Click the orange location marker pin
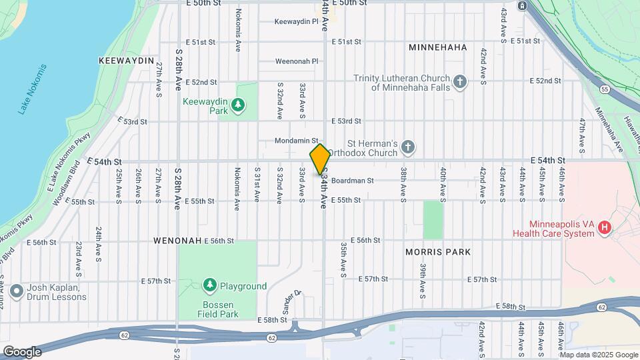(320, 159)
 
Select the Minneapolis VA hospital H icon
(605, 229)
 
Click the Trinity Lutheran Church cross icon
(459, 83)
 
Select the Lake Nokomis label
(33, 89)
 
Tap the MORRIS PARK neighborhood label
(438, 252)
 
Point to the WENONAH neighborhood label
(177, 241)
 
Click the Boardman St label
(352, 181)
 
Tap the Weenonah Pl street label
(297, 61)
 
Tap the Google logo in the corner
(23, 351)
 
